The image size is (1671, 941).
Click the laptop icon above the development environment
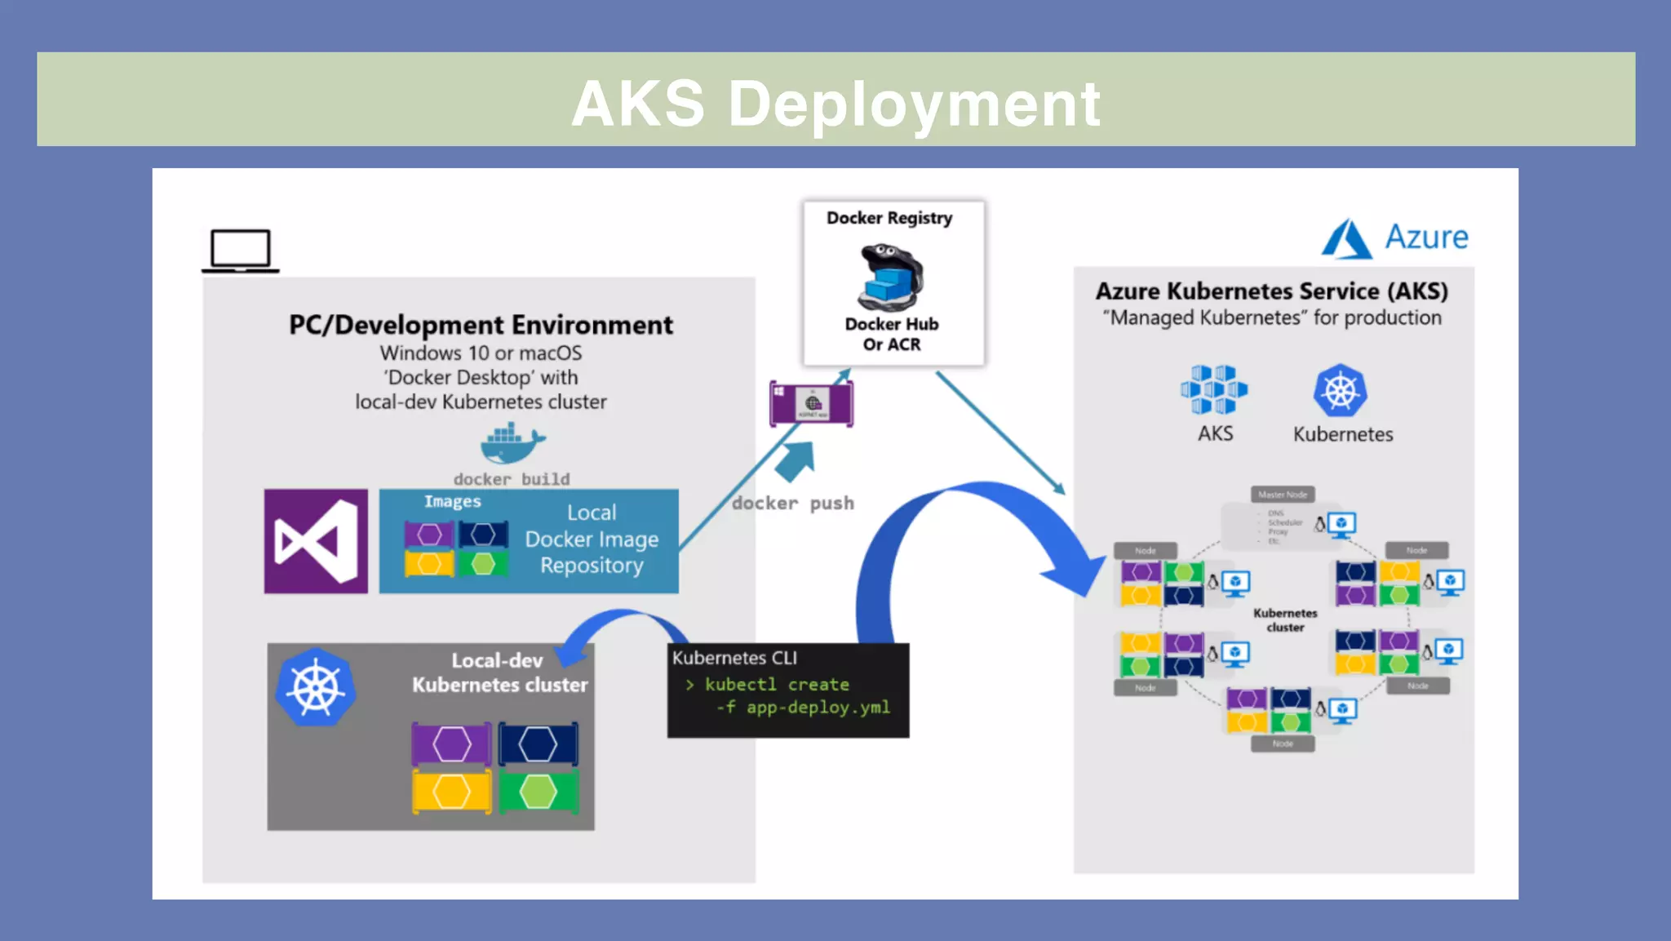(240, 250)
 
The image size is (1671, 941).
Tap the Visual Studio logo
(316, 541)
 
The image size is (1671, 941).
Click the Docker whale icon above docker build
(512, 443)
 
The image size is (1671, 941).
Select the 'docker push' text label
(792, 504)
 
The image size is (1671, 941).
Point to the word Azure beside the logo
(1426, 237)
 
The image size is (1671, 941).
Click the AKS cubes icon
(1213, 389)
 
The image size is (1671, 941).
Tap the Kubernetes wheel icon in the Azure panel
(1340, 391)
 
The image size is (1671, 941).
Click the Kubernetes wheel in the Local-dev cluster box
(316, 687)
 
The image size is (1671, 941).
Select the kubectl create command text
(776, 685)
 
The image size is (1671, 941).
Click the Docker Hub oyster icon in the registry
(891, 277)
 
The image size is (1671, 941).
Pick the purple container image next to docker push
(811, 403)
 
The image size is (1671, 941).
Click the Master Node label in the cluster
(1282, 495)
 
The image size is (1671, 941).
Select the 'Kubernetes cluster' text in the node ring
(1285, 620)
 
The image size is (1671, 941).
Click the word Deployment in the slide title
(914, 104)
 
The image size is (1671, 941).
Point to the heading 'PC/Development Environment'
(481, 325)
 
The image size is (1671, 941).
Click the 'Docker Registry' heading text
(889, 218)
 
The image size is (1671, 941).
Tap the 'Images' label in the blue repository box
(452, 502)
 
